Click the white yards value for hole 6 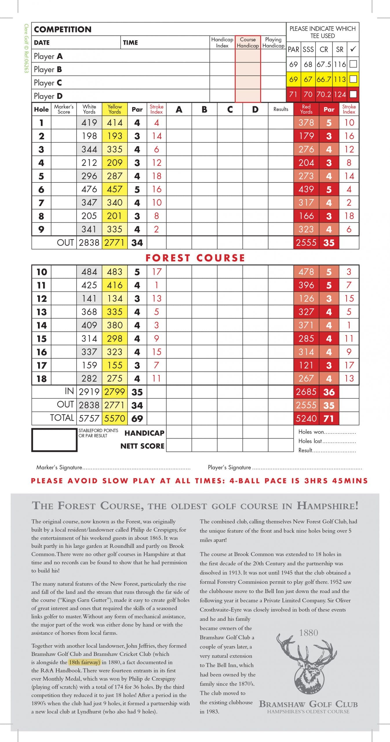(x=89, y=189)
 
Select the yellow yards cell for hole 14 (x=115, y=325)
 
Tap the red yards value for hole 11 (x=306, y=285)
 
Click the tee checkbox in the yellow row (x=353, y=79)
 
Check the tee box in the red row (x=353, y=94)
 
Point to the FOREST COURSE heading (x=195, y=258)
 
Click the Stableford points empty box (x=54, y=440)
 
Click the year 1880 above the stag (x=309, y=632)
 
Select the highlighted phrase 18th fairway (x=85, y=662)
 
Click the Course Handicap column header (x=248, y=42)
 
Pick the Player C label (x=48, y=83)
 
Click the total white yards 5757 (x=89, y=418)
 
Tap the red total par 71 (x=329, y=418)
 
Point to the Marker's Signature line (x=113, y=467)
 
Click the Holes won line (x=327, y=432)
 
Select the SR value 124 (x=340, y=94)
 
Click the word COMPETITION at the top (x=63, y=29)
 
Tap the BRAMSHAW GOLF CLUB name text (x=308, y=704)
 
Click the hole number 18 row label (x=41, y=379)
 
